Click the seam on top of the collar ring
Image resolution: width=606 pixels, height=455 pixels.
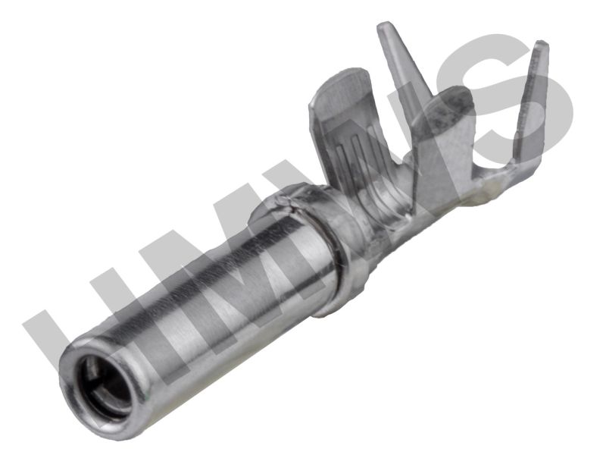click(x=287, y=202)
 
